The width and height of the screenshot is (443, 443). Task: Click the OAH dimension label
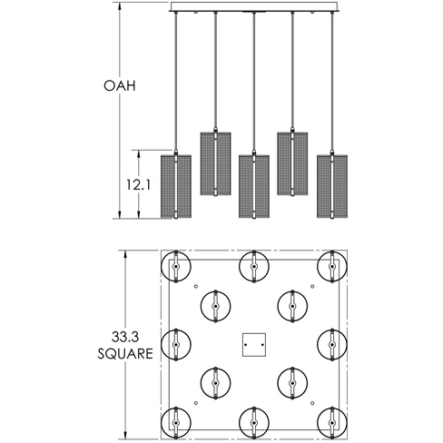[x=120, y=85]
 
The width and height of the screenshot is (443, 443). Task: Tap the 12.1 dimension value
[x=138, y=184]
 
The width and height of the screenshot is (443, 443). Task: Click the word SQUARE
[x=125, y=353]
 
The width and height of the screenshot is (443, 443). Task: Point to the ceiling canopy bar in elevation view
[x=254, y=7]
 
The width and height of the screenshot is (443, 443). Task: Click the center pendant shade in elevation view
[x=254, y=186]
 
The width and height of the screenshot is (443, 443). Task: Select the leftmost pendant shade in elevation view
[x=176, y=186]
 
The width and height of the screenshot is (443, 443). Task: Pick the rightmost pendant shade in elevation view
[x=332, y=186]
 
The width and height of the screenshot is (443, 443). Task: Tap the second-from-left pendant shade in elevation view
[x=215, y=163]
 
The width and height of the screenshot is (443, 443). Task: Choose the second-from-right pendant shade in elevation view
[x=292, y=163]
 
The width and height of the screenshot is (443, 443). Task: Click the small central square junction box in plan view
[x=254, y=345]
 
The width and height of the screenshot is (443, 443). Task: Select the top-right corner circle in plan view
[x=347, y=267]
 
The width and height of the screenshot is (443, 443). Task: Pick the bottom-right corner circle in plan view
[x=347, y=422]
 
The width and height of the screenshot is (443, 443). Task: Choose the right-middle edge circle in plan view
[x=347, y=344]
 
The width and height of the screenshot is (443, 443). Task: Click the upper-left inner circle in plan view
[x=201, y=306]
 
